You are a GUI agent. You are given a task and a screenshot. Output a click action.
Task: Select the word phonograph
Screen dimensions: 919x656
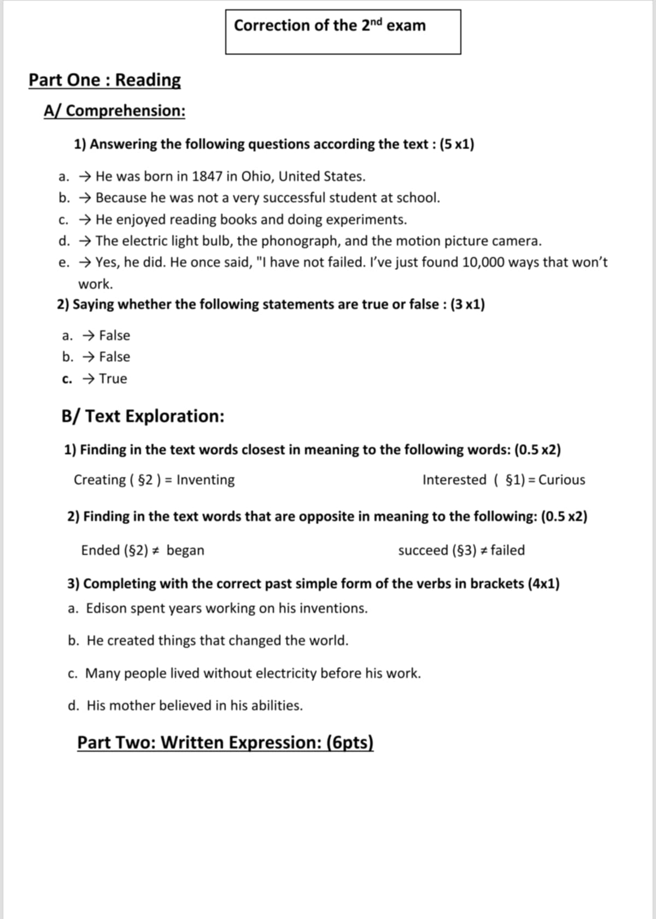[x=299, y=241]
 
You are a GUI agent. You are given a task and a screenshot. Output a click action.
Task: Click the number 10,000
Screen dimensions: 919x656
[x=488, y=262]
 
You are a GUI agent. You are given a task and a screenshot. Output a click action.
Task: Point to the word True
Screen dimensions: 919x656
[x=113, y=379]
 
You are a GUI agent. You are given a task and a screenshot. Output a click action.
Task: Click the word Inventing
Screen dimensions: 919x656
[x=206, y=480]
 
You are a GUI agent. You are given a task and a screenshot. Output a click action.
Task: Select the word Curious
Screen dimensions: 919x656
[x=562, y=480]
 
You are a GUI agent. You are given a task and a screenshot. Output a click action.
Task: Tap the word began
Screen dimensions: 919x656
[x=185, y=551]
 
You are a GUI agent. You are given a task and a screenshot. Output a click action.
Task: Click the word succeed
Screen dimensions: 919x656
[x=423, y=551]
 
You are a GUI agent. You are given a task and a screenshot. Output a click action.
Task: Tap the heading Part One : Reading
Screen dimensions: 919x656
[x=104, y=80]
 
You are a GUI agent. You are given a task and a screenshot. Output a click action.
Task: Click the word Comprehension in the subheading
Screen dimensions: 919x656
[x=126, y=111]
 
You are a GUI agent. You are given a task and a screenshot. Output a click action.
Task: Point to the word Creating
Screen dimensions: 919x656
[x=100, y=480]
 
